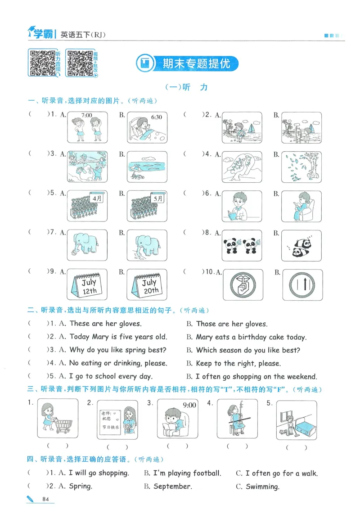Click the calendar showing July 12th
click(88, 285)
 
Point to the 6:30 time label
click(157, 117)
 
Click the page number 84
click(45, 499)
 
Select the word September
click(172, 486)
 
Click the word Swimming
click(262, 486)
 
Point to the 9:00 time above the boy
click(189, 405)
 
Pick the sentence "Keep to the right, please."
click(238, 363)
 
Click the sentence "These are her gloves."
click(105, 323)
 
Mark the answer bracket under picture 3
click(174, 446)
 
